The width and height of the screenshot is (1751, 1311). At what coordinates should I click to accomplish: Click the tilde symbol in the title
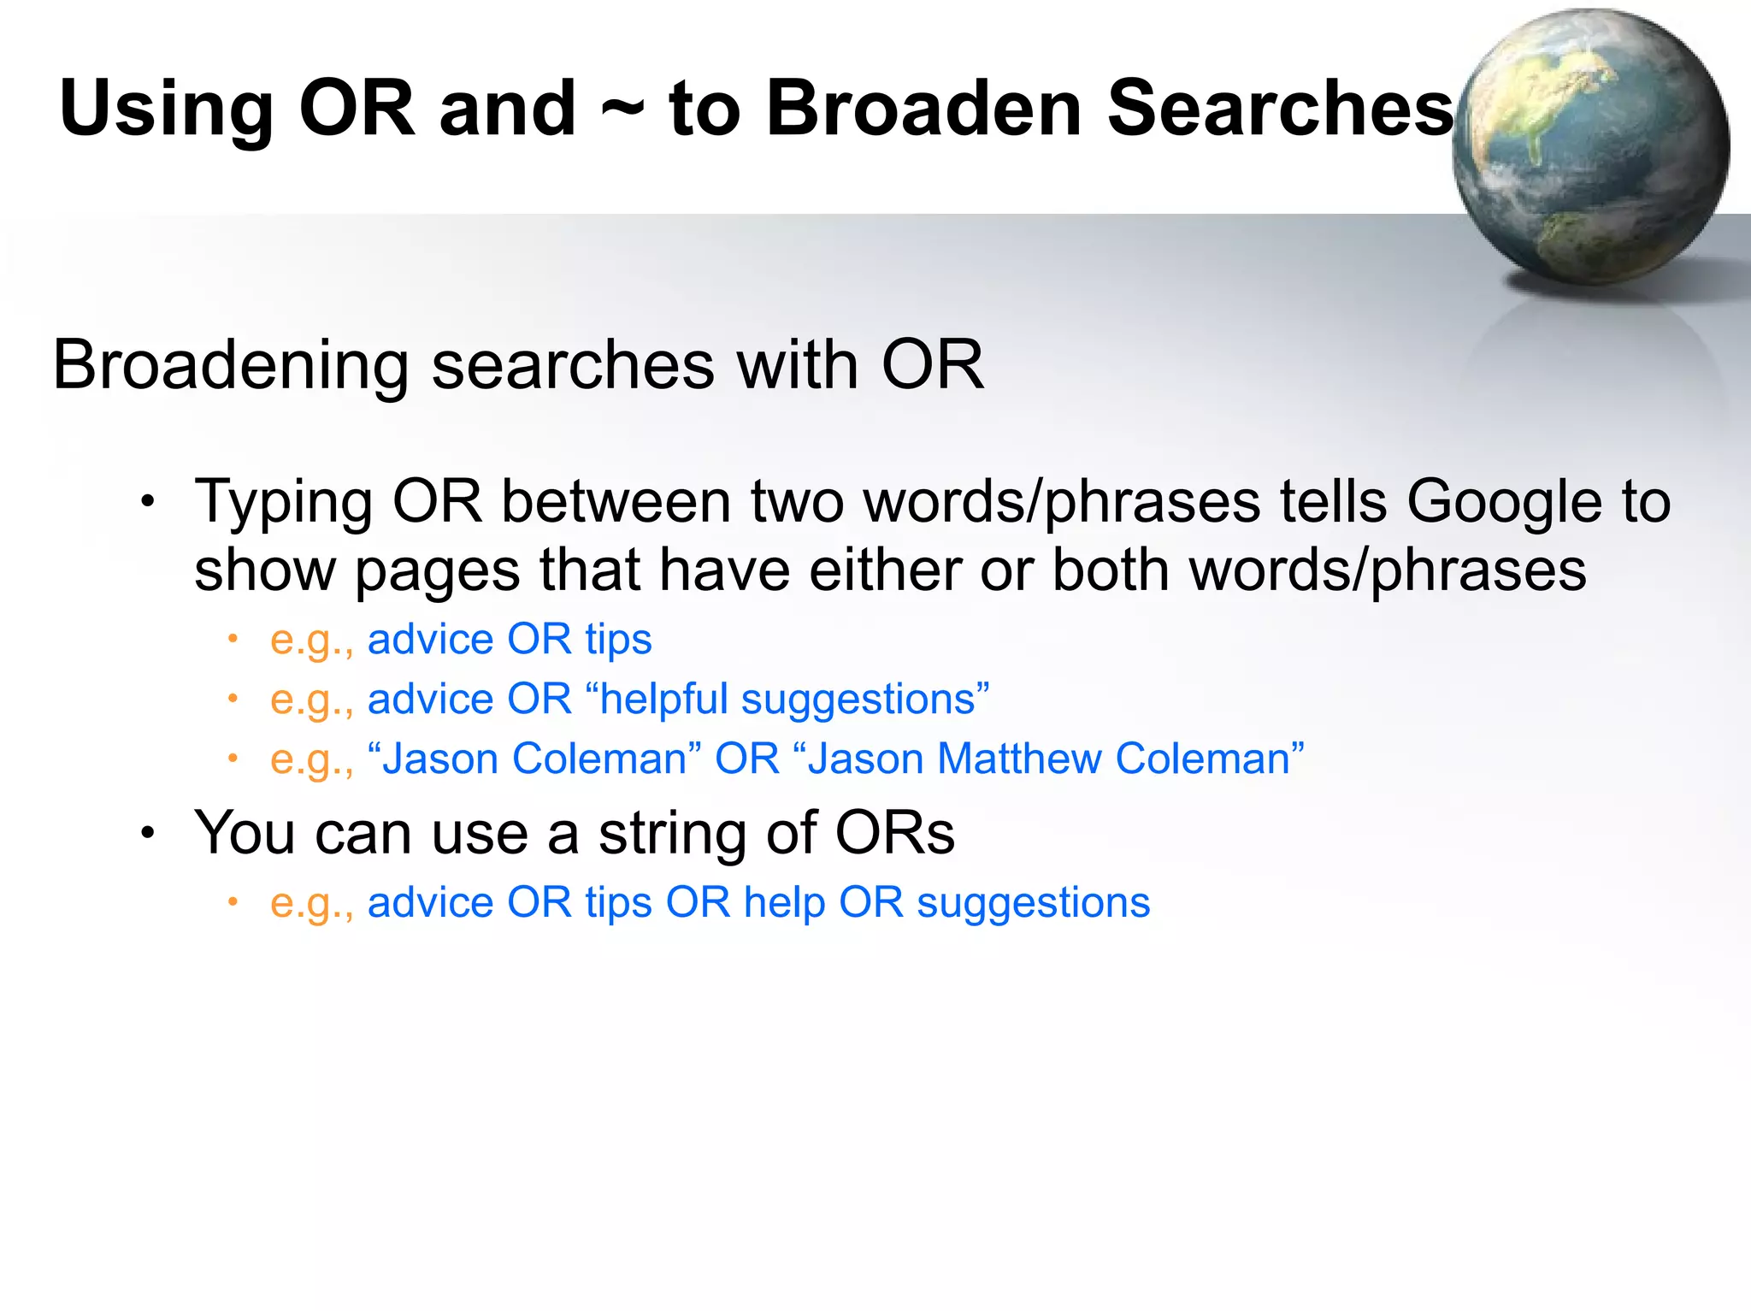click(622, 109)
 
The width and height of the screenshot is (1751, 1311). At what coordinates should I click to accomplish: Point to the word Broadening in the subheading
click(231, 366)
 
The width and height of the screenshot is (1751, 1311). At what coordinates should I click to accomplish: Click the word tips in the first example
click(618, 640)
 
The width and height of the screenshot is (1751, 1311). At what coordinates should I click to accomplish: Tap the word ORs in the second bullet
click(895, 832)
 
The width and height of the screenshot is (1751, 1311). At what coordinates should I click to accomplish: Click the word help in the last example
click(784, 903)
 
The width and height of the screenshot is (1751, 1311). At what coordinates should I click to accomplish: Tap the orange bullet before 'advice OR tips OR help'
click(233, 901)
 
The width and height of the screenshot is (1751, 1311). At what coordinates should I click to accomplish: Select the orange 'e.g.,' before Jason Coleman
click(311, 759)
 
